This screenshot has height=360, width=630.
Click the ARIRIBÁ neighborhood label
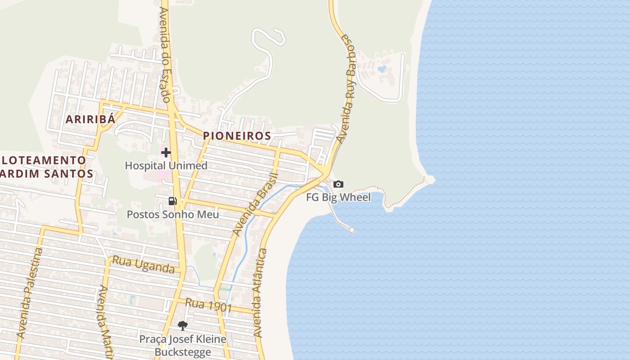pos(90,119)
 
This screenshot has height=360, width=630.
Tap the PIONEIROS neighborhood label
pos(237,135)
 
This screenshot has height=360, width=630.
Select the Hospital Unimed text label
pos(166,165)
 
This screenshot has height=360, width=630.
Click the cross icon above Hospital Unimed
pos(166,153)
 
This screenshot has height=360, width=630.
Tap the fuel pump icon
pos(173,201)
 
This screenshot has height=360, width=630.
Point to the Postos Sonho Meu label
pos(173,214)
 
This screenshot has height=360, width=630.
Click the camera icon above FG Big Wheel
pos(338,184)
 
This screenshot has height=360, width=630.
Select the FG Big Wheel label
pos(338,197)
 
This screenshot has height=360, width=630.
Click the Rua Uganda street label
pos(143,265)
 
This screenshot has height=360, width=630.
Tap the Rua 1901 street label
pos(208,306)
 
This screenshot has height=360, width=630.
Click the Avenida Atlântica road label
pos(260,293)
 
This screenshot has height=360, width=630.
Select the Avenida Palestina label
pos(30,293)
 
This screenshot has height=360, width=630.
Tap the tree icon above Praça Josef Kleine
pos(182,325)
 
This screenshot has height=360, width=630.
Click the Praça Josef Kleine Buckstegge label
pos(182,345)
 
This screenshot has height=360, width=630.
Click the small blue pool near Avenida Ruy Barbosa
pos(382,69)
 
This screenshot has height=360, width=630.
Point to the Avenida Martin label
pos(105,322)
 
